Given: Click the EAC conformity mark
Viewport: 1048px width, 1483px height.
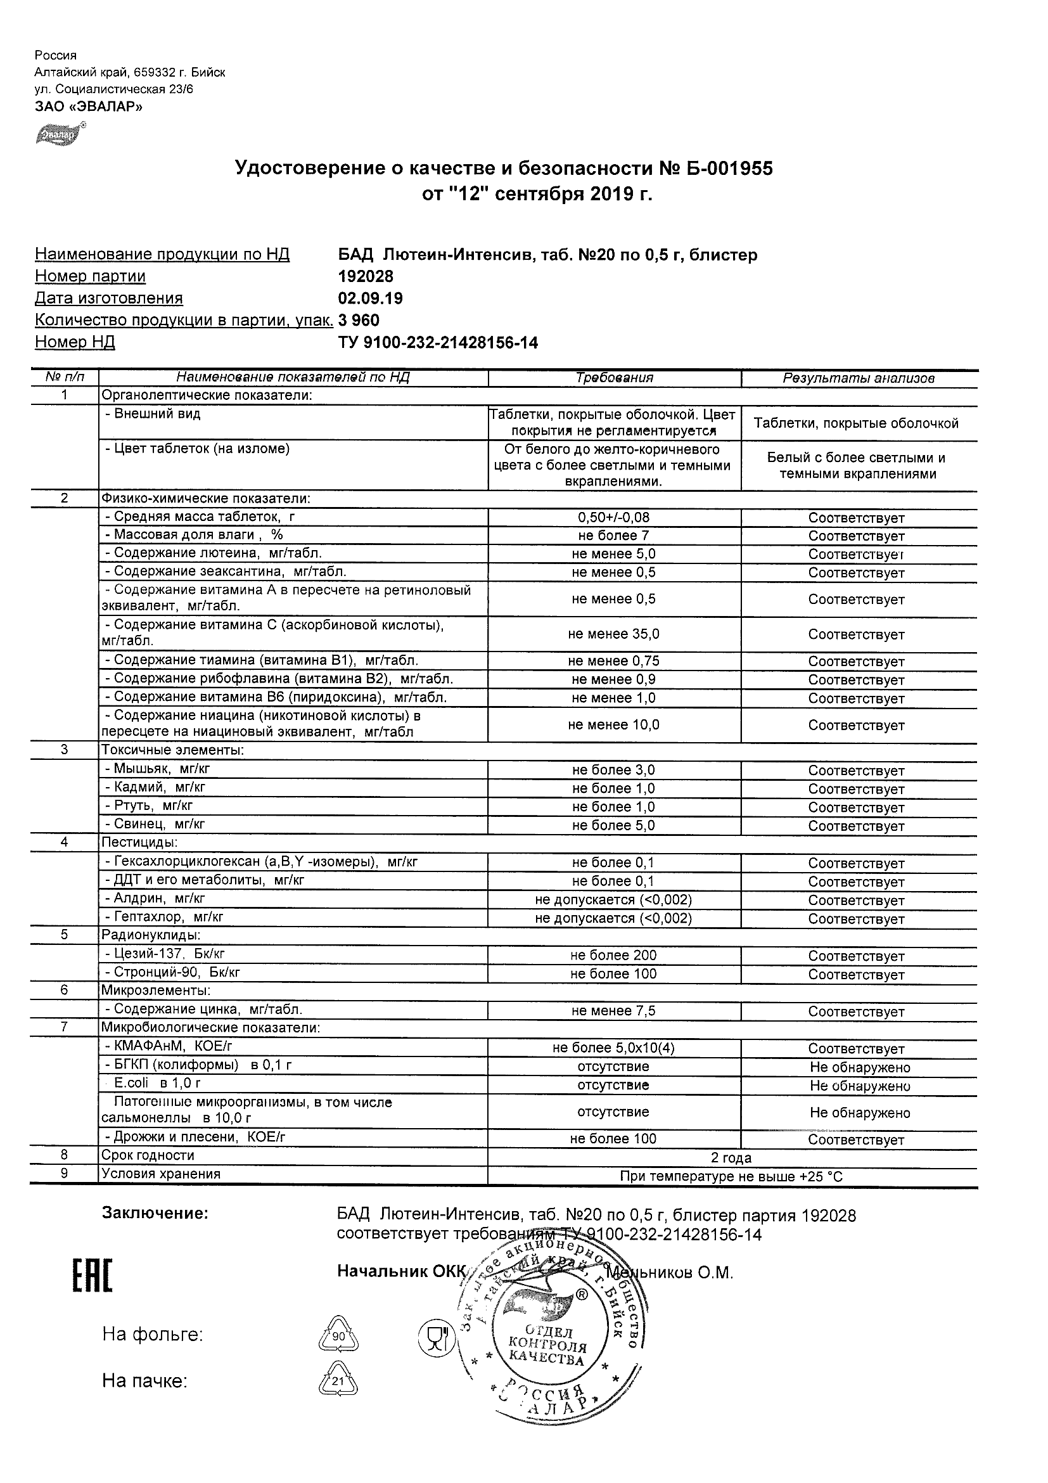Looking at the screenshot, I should pyautogui.click(x=92, y=1276).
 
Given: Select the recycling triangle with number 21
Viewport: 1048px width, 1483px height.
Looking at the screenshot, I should pyautogui.click(x=338, y=1382).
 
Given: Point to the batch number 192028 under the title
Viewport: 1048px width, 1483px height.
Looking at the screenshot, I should pyautogui.click(x=366, y=276).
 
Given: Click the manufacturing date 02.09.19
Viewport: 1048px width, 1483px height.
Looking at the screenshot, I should pyautogui.click(x=370, y=299).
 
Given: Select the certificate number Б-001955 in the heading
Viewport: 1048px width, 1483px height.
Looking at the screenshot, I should pyautogui.click(x=725, y=169).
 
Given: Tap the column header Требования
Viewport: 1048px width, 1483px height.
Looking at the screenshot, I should pyautogui.click(x=614, y=378).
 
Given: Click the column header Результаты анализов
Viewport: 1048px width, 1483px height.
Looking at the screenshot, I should pyautogui.click(x=858, y=378).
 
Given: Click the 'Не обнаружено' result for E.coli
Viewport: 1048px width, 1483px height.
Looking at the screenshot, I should pyautogui.click(x=859, y=1086).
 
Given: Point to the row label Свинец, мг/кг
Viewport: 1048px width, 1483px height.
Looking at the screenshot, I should pyautogui.click(x=155, y=824).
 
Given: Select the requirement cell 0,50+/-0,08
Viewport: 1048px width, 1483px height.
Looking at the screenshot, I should pyautogui.click(x=613, y=517).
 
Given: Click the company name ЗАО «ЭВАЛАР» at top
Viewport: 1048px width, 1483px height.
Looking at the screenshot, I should pyautogui.click(x=89, y=106).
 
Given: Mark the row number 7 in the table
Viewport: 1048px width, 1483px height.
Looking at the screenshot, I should pyautogui.click(x=64, y=1027).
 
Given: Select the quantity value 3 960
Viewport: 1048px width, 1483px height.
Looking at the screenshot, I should pyautogui.click(x=359, y=321).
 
